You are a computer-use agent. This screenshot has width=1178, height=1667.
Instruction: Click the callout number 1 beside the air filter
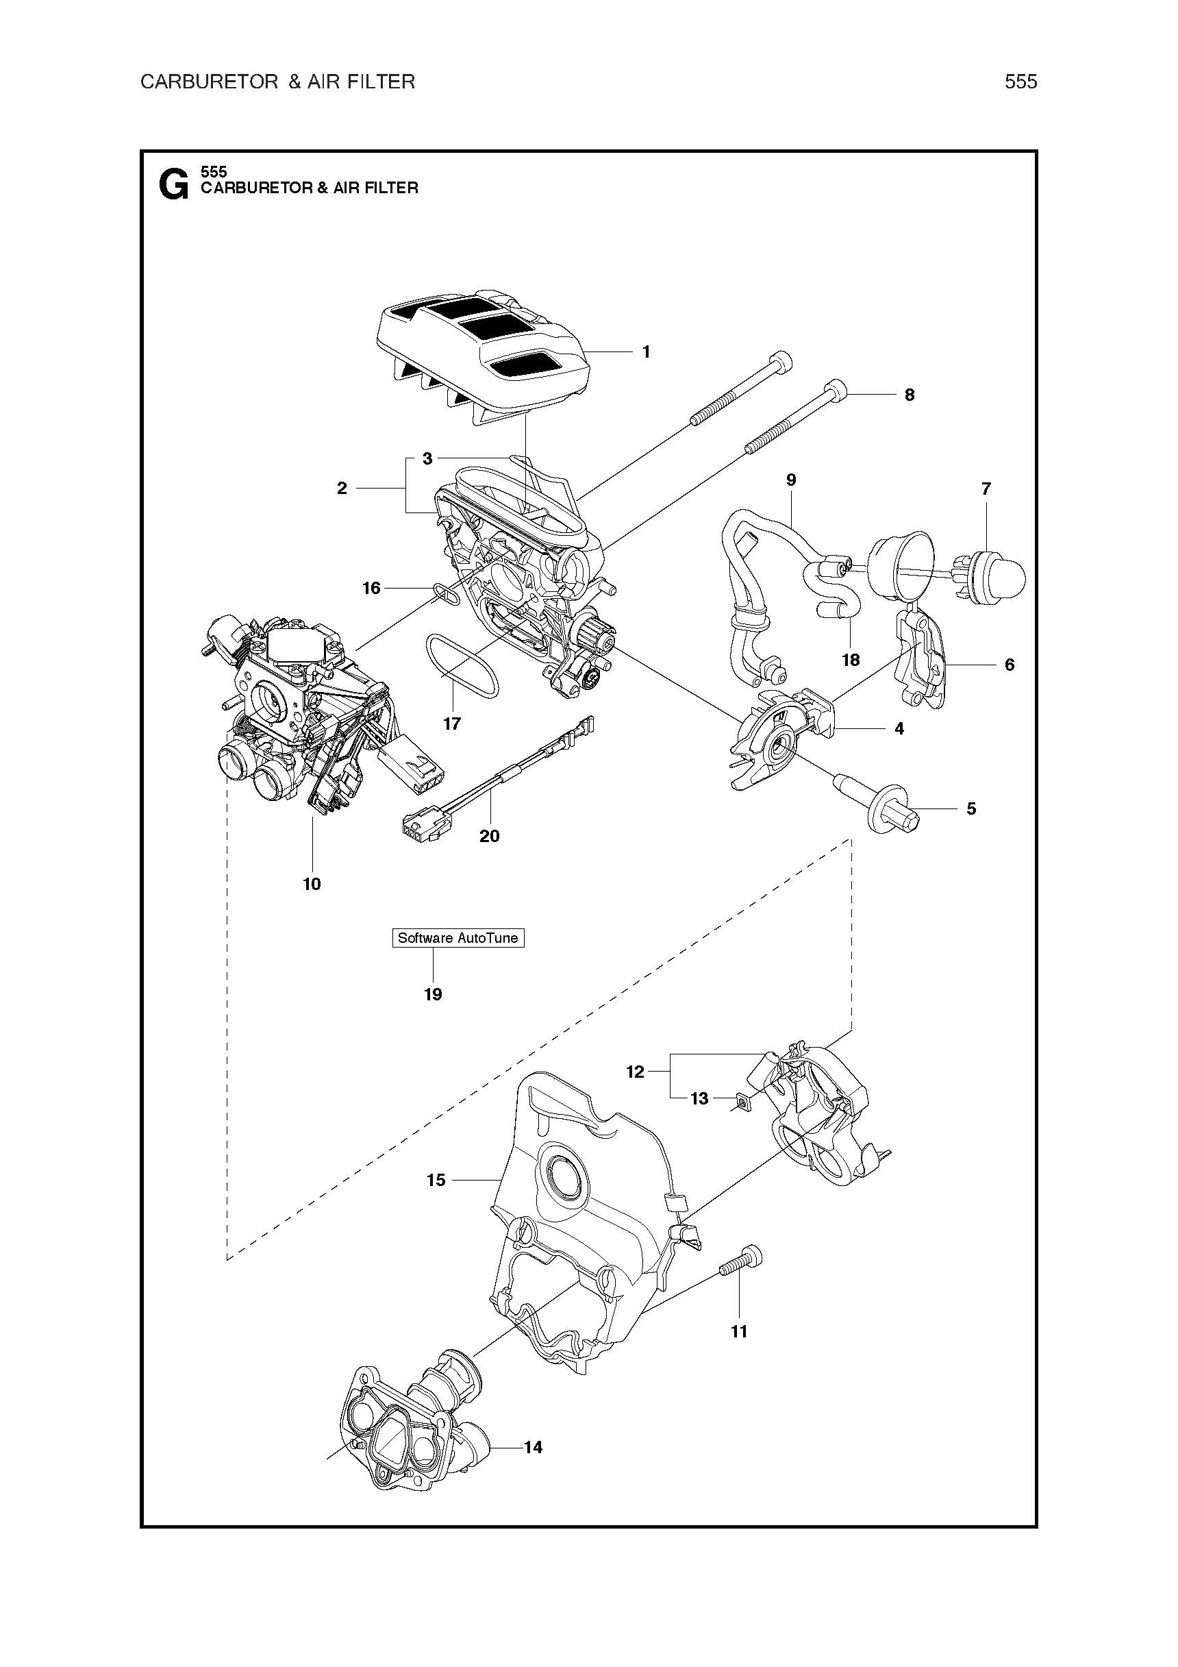pos(646,352)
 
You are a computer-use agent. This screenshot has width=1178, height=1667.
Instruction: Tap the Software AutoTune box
pos(458,938)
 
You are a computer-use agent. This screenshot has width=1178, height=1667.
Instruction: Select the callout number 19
pos(434,995)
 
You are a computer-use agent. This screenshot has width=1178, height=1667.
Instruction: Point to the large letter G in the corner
pos(173,184)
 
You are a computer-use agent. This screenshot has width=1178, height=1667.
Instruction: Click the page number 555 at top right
pos(1020,82)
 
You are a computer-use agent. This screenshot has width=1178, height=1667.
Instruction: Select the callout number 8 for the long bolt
pos(910,395)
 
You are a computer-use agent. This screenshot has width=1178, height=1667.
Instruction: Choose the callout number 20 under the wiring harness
pos(489,836)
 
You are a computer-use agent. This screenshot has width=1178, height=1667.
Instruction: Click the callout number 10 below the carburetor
pos(312,884)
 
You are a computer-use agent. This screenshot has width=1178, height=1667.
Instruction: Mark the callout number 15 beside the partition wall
pos(436,1180)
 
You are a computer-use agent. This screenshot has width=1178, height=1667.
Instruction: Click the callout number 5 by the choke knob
pos(971,808)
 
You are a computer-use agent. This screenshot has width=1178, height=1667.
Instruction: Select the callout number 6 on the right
pos(1009,665)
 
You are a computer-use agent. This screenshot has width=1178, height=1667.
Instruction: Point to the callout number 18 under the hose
pos(851,659)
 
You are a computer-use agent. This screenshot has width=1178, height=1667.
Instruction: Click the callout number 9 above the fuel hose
pos(791,480)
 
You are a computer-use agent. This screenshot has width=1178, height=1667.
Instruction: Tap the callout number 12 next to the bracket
pos(635,1072)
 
